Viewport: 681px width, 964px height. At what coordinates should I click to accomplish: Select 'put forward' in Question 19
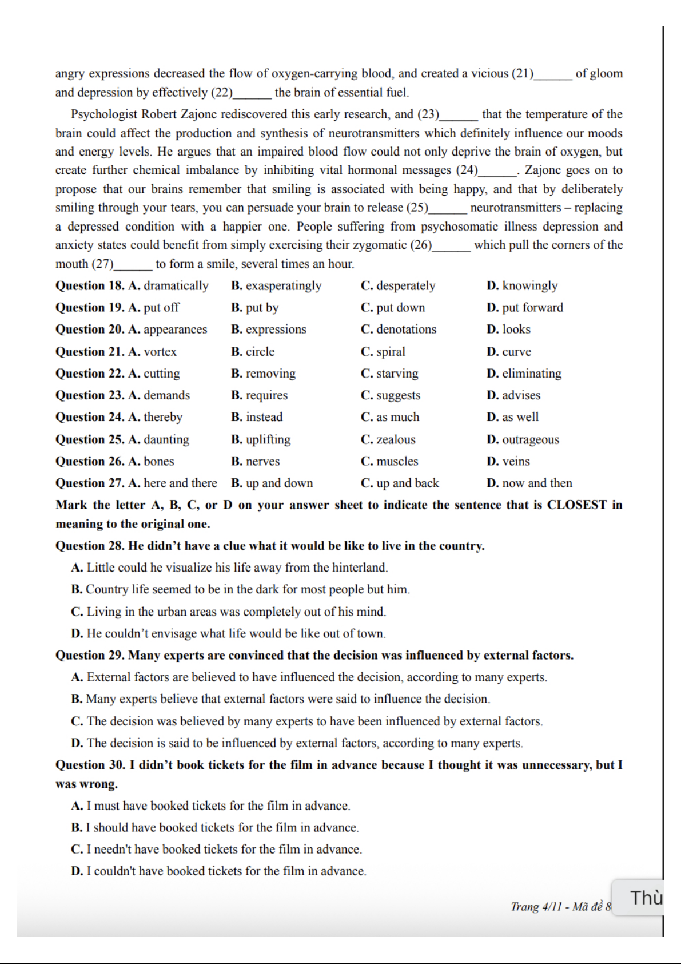click(532, 307)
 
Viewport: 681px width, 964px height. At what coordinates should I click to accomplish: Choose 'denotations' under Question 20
click(406, 329)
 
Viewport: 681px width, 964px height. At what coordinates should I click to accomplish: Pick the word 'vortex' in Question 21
click(160, 351)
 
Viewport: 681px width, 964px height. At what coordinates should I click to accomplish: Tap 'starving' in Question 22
click(397, 373)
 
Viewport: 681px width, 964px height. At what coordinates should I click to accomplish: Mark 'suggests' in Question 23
click(398, 395)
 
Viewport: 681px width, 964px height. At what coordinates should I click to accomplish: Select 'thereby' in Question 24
click(162, 417)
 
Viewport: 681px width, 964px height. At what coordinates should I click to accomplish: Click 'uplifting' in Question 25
click(268, 439)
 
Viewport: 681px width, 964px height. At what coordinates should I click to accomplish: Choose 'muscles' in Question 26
click(397, 461)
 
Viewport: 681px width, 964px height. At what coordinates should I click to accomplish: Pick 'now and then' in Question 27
click(537, 483)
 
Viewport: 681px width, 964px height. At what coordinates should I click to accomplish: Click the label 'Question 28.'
click(90, 545)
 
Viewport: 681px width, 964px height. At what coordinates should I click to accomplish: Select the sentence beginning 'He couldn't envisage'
click(236, 633)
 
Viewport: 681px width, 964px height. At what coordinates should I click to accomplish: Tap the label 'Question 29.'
click(90, 655)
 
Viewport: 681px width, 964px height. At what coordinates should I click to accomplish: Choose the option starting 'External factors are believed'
click(316, 677)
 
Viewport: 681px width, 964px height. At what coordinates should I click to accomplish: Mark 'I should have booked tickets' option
click(222, 827)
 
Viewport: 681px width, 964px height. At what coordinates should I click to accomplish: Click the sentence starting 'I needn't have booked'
click(224, 849)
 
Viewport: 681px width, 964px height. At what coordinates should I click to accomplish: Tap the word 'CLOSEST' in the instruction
click(576, 505)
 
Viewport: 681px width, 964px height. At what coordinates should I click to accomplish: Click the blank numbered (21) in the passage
click(552, 74)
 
